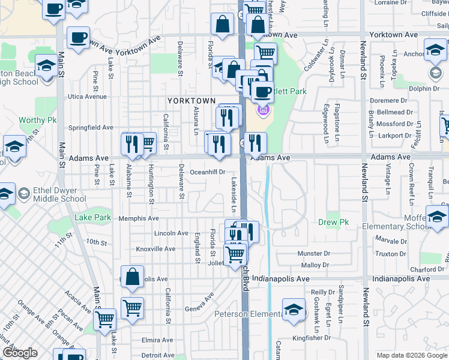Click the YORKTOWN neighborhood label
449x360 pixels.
point(191,100)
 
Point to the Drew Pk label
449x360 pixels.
point(337,222)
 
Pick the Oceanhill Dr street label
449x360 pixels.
point(207,172)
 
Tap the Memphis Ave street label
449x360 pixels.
point(139,218)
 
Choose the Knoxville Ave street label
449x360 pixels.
point(155,248)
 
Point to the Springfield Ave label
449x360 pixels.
point(91,127)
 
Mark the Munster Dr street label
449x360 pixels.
point(314,254)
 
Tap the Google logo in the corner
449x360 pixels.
point(19,353)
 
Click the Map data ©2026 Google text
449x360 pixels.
point(412,355)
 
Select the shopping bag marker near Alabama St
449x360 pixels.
point(133,277)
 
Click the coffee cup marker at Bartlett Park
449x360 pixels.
point(261,92)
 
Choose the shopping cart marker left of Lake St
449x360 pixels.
point(105,319)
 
